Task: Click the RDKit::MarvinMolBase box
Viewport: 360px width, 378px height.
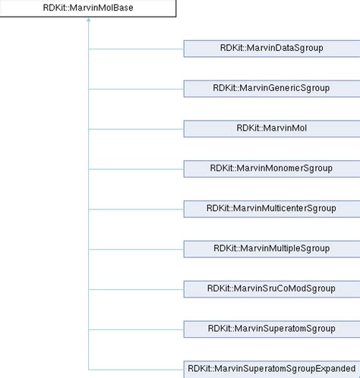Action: click(89, 9)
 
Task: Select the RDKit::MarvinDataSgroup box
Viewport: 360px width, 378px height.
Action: click(271, 48)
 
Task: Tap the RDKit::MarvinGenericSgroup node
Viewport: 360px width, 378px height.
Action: click(271, 88)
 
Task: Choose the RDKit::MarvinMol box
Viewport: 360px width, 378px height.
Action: click(271, 128)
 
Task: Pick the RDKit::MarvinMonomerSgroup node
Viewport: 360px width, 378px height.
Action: click(271, 168)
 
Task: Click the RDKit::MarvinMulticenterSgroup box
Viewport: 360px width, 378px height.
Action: click(271, 208)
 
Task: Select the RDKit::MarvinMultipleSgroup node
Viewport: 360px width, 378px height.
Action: click(271, 248)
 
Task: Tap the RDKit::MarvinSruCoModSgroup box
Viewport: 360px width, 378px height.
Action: click(271, 288)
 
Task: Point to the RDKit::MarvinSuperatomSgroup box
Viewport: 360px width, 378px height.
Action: click(271, 329)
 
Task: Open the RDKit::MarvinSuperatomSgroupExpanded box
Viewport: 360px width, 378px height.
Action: click(271, 368)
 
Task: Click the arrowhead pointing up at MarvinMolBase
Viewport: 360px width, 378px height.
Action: click(89, 22)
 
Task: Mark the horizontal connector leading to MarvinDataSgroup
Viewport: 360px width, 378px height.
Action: click(137, 48)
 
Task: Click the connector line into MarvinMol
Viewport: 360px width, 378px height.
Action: click(137, 128)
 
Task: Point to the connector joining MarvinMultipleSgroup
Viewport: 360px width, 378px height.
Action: click(137, 248)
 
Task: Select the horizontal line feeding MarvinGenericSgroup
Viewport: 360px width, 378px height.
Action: click(137, 88)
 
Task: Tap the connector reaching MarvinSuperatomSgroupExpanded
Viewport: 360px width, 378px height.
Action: click(137, 368)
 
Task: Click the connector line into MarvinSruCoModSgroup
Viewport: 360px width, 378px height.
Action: click(137, 288)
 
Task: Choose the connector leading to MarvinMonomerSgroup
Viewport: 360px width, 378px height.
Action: click(137, 168)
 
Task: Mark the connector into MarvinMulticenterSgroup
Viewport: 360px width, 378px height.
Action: click(137, 208)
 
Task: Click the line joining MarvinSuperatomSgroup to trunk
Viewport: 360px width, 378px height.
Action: click(137, 329)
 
